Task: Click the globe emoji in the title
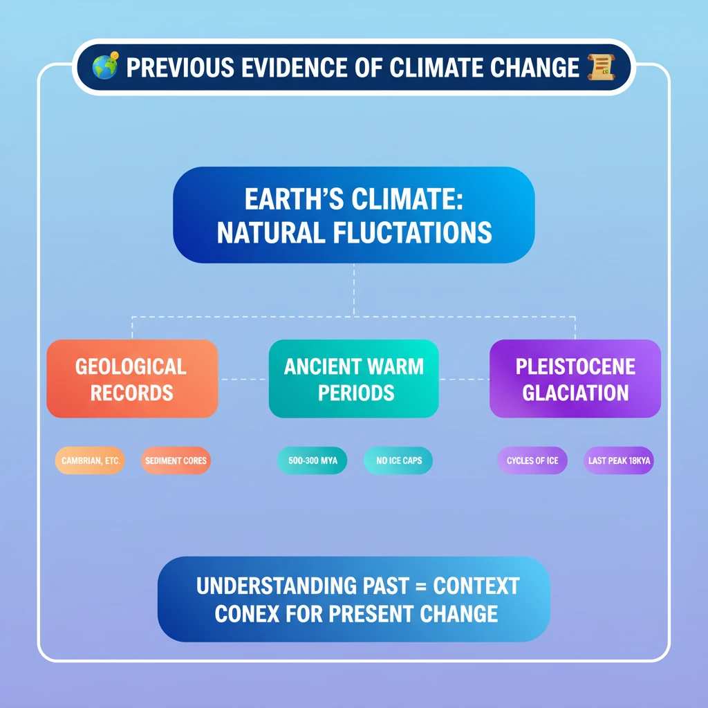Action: (x=106, y=67)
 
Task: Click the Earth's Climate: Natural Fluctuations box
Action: (x=353, y=215)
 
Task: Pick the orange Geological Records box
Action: (x=131, y=379)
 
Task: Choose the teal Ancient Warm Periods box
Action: (x=353, y=379)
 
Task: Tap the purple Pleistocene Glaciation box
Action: (x=575, y=379)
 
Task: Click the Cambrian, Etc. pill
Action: (x=90, y=460)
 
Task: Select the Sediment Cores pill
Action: (x=176, y=460)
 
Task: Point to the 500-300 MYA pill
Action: (x=312, y=460)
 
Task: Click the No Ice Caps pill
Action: (x=398, y=460)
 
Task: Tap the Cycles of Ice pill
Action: (x=532, y=460)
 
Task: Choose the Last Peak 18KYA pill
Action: (x=618, y=460)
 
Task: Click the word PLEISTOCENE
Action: (x=575, y=366)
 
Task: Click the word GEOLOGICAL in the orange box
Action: (x=131, y=366)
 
